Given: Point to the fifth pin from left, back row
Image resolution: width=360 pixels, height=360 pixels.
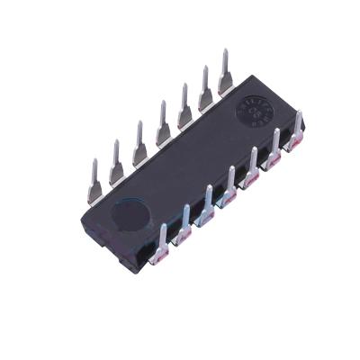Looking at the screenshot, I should click(184, 106).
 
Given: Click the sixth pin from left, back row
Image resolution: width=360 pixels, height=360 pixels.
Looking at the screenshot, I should click(205, 88).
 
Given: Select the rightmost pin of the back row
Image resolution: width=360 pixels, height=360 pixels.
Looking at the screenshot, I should click(225, 71).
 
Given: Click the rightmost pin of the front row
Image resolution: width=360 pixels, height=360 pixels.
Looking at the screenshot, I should click(297, 130).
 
